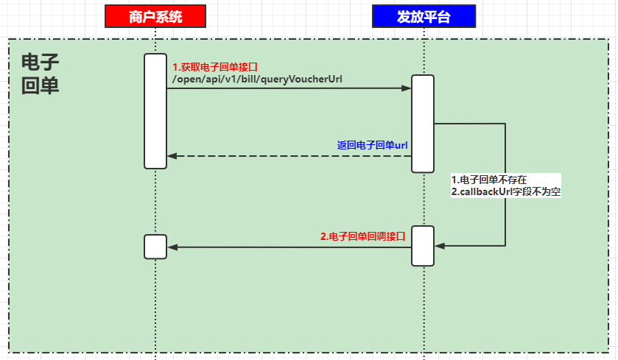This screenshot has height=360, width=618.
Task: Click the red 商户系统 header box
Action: pos(155,15)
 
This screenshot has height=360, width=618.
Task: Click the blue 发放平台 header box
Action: pos(424,15)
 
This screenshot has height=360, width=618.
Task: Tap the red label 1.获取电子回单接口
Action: pos(215,66)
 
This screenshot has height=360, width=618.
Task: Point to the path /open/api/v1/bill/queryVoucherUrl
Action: pos(257,79)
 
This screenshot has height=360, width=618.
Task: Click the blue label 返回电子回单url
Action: pos(372,145)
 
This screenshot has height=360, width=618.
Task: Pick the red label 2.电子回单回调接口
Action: pos(362,236)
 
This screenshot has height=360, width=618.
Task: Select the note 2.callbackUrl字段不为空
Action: pos(506,191)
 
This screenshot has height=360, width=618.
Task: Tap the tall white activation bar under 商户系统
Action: pos(155,111)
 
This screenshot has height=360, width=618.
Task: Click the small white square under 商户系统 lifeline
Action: pos(155,247)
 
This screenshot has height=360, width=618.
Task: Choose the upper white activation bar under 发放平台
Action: pos(423,124)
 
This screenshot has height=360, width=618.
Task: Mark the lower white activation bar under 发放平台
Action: pos(423,245)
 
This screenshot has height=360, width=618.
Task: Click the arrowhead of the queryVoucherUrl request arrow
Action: pos(407,88)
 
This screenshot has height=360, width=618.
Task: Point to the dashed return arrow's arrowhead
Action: pos(172,156)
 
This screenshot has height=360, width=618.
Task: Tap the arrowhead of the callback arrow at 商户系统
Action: pos(172,247)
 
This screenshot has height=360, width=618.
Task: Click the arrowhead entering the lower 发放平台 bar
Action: pos(439,245)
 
